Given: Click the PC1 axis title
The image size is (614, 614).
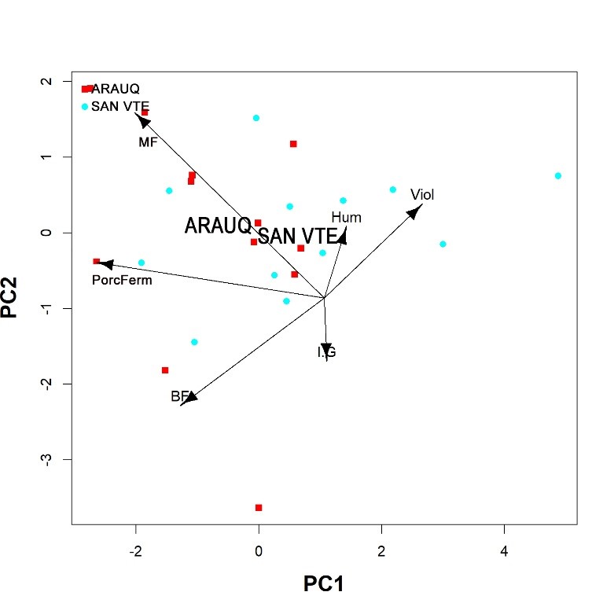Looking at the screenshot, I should coord(324,583).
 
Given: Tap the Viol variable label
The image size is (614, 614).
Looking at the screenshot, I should coord(422,194).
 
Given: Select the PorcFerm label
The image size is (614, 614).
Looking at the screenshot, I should coord(122,280).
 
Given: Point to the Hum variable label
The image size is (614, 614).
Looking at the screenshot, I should coord(346,218).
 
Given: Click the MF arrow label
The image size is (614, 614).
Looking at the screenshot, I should coord(148,142).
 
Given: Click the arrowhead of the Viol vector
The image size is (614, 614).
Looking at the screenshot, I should coord(416,210).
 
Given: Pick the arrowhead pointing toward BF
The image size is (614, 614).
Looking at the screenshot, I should coord(189,398).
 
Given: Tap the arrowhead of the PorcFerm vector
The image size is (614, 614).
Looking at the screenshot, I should coord(105,265).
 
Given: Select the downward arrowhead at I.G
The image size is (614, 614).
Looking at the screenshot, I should coord(326,349).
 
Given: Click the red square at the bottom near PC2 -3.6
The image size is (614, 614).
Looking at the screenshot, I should coord(259,508).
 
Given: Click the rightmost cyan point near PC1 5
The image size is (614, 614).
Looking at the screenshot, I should coord(557,176).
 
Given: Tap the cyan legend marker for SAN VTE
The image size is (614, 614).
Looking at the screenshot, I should coord(85,106).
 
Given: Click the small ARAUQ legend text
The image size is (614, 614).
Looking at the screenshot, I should coord(116,89).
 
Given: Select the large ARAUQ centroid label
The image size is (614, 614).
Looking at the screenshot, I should coord(218,226).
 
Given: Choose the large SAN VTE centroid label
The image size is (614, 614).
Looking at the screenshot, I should coord(297,236).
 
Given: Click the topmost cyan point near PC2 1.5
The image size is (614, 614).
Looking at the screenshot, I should coord(256,118).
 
